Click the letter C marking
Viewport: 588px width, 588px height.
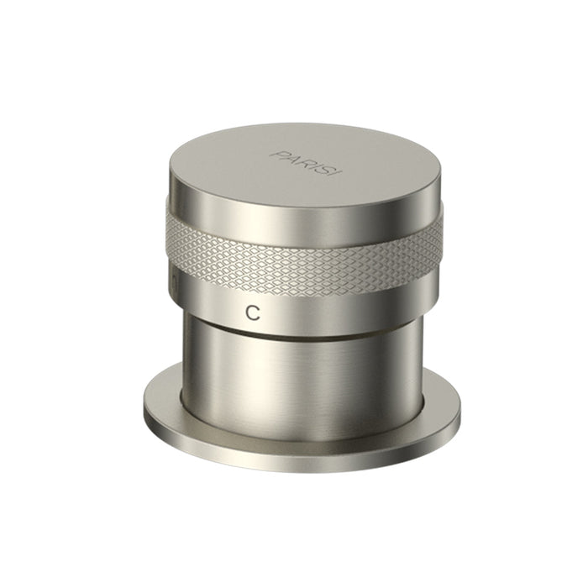click(x=253, y=312)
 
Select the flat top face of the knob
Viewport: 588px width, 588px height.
click(x=304, y=164)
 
